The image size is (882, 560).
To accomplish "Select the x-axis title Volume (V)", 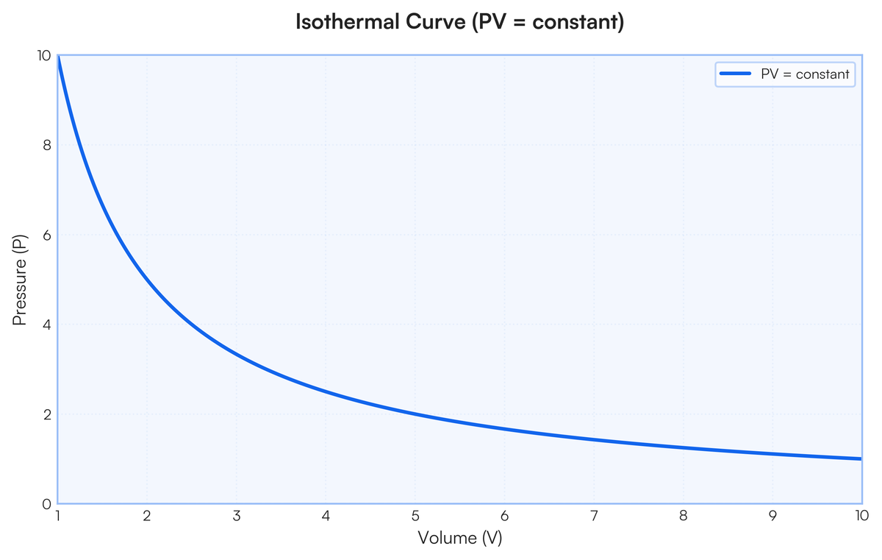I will coord(459,538).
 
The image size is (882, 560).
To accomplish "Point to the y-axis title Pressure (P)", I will coord(20,280).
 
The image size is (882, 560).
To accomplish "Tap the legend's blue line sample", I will coord(735,74).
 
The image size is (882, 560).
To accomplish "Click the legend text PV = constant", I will coord(804,74).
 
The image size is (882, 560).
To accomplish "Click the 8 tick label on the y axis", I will coord(46,145).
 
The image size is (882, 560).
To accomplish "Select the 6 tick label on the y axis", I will coord(46,235).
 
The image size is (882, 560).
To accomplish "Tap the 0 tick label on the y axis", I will coord(46,504).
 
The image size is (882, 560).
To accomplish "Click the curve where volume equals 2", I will coord(147,280).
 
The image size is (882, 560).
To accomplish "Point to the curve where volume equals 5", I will coord(415,414).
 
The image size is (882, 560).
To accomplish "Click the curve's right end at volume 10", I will coord(860,458).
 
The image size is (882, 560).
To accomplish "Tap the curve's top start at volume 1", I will coord(58,57).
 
